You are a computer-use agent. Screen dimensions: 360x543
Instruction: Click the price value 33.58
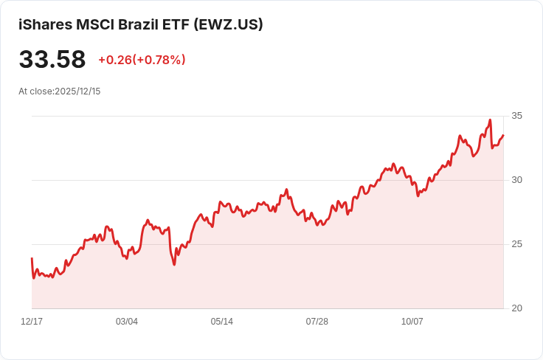(x=52, y=60)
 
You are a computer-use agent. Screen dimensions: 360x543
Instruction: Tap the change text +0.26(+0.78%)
(x=142, y=60)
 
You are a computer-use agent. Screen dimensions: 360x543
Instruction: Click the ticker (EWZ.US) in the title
(x=228, y=24)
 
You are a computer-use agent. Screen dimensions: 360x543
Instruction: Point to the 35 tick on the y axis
(x=516, y=116)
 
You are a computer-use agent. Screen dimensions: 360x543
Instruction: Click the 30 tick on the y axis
(x=516, y=180)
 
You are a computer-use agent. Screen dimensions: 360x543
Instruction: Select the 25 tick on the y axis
(x=516, y=244)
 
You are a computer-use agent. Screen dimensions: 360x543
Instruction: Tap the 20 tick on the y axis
(x=516, y=308)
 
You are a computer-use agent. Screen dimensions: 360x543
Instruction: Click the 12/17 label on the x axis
(x=32, y=322)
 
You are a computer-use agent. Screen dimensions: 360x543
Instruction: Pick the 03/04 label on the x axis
(x=127, y=322)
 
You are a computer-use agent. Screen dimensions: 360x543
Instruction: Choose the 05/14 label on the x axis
(x=221, y=322)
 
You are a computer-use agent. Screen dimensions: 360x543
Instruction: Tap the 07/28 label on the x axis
(x=317, y=322)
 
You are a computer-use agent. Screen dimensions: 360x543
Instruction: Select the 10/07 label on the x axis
(x=412, y=322)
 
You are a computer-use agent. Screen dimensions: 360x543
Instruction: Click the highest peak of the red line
(x=490, y=120)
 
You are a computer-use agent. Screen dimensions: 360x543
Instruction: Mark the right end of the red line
(x=503, y=135)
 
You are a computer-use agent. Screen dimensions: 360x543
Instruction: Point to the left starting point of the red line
(x=32, y=259)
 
